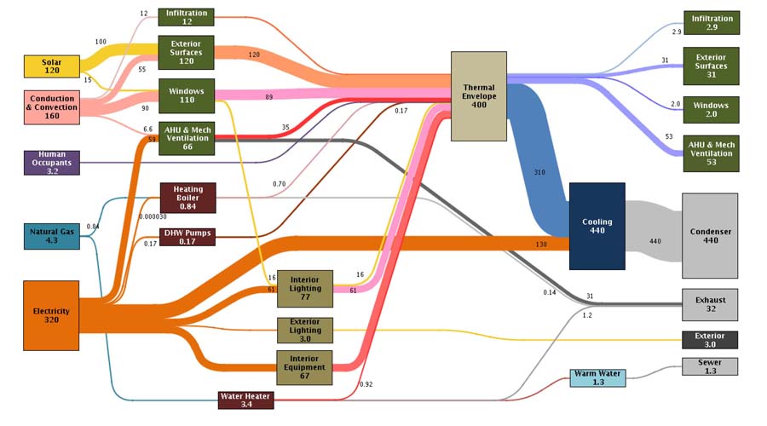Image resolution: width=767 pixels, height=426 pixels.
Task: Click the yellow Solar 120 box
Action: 52,66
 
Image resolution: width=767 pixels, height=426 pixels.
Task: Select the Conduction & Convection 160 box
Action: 52,107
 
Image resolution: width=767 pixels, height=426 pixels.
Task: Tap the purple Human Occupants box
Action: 52,163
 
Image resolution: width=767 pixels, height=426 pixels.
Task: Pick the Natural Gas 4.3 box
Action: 52,236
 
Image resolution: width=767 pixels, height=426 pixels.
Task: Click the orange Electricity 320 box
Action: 51,315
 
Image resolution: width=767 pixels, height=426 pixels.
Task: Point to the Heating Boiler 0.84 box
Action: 187,198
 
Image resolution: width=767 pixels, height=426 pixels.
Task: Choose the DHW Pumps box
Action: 187,237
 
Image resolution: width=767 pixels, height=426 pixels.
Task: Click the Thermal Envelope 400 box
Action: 479,96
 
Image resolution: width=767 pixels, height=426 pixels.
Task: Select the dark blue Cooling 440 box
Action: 597,227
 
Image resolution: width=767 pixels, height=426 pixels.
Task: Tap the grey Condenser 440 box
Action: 710,236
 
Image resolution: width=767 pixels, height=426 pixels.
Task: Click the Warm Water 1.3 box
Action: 597,378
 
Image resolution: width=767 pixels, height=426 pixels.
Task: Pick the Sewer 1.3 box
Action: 710,367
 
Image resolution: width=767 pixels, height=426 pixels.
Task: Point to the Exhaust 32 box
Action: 710,305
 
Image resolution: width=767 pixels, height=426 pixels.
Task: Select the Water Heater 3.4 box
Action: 246,400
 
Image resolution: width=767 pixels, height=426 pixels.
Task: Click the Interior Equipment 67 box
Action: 304,368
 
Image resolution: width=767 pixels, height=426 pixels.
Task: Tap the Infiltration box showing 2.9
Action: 712,23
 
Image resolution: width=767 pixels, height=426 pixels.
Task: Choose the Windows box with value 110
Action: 187,96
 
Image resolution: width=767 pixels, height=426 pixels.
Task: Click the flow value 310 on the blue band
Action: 539,172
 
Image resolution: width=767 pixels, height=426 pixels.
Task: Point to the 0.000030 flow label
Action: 153,216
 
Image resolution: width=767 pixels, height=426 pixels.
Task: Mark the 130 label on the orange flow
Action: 541,245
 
